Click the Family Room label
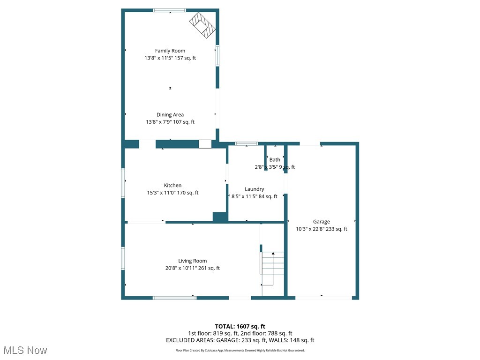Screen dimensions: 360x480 point(170,51)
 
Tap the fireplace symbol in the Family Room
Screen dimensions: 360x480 point(202,24)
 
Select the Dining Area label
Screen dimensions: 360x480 point(170,114)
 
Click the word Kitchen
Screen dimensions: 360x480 point(172,185)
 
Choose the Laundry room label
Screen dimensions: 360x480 point(254,189)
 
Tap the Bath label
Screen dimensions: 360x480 point(275,160)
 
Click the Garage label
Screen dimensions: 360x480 point(322,222)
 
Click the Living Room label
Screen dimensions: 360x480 point(192,261)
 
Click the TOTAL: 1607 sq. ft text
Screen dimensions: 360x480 point(240,326)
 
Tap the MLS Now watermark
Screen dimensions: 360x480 point(25,350)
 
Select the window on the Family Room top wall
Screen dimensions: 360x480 point(170,10)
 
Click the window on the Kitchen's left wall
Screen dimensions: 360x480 point(123,183)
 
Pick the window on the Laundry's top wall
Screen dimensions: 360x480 point(246,143)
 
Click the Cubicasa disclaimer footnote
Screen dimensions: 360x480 point(240,350)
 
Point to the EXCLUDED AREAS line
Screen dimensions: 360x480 point(240,340)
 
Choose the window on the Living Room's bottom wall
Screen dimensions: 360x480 point(174,297)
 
